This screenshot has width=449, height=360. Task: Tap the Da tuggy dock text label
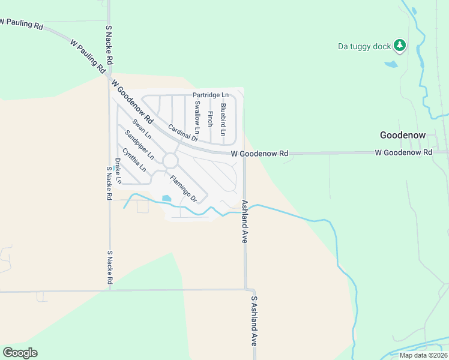(x=364, y=46)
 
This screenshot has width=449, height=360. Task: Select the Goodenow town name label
(x=403, y=135)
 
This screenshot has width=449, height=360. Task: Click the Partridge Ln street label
(x=211, y=95)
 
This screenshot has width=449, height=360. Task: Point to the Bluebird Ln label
(x=223, y=119)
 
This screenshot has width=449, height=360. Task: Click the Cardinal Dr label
(x=183, y=133)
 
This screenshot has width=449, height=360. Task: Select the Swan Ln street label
(x=142, y=130)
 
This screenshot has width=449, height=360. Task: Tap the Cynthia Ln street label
(x=134, y=160)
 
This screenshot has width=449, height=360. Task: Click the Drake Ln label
(x=118, y=171)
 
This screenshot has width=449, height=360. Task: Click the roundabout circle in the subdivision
(x=170, y=161)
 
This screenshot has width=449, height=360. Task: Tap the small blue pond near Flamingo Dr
(x=166, y=198)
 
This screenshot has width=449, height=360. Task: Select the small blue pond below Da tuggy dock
(x=391, y=64)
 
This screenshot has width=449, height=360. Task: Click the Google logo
(x=20, y=353)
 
